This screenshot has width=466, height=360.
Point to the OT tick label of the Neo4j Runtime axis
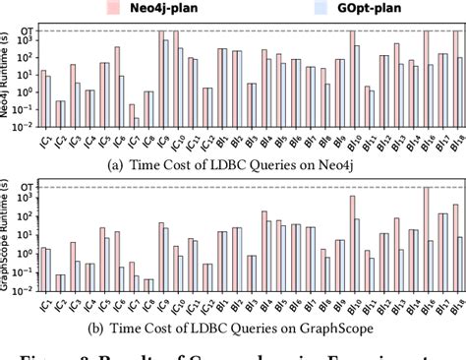[23, 30]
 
